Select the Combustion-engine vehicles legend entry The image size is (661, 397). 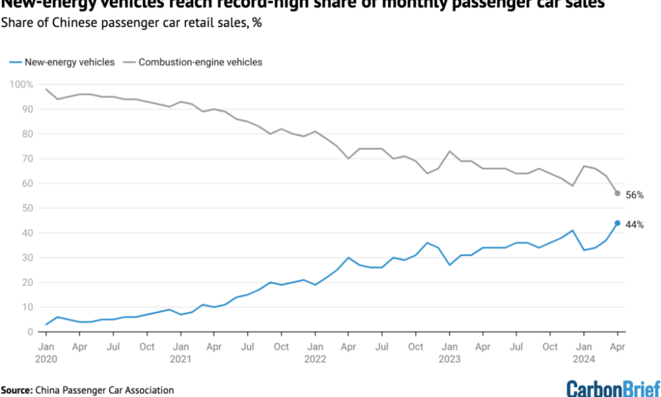pyautogui.click(x=199, y=62)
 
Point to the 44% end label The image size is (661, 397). pyautogui.click(x=635, y=225)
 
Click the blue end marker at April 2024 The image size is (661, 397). pyautogui.click(x=617, y=223)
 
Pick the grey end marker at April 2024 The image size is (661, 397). pyautogui.click(x=617, y=193)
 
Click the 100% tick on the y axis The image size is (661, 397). pyautogui.click(x=20, y=85)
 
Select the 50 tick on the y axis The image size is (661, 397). pyautogui.click(x=24, y=208)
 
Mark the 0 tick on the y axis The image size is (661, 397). pyautogui.click(x=27, y=332)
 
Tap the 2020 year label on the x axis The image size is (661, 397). pyautogui.click(x=46, y=359)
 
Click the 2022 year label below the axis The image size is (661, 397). pyautogui.click(x=315, y=359)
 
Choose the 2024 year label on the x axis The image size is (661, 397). pyautogui.click(x=584, y=359)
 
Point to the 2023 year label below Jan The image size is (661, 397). pyautogui.click(x=449, y=359)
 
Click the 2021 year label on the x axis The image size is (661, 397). pyautogui.click(x=181, y=359)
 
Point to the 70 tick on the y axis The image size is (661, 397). pyautogui.click(x=24, y=159)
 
